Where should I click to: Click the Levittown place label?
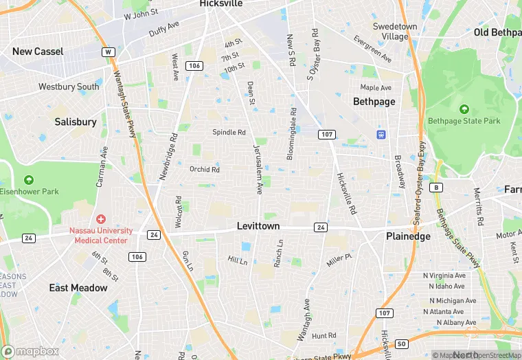(x=258, y=226)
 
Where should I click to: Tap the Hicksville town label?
(x=221, y=3)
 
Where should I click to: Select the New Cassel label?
(x=38, y=52)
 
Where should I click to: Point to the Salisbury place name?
(x=76, y=122)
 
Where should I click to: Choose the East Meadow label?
(x=78, y=288)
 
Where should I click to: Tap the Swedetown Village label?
(x=395, y=31)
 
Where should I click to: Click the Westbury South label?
(x=69, y=87)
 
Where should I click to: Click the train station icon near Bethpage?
(x=381, y=134)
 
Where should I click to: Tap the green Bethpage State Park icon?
(x=464, y=109)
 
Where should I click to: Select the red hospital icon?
(x=101, y=219)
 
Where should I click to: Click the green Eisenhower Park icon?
(x=28, y=180)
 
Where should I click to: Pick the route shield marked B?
(x=435, y=187)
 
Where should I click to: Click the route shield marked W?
(x=107, y=52)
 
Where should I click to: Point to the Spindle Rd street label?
(x=229, y=132)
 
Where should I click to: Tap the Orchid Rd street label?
(x=205, y=169)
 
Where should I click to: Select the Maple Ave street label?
(x=376, y=88)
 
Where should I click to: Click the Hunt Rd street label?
(x=324, y=336)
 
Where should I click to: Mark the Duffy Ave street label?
(x=164, y=28)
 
